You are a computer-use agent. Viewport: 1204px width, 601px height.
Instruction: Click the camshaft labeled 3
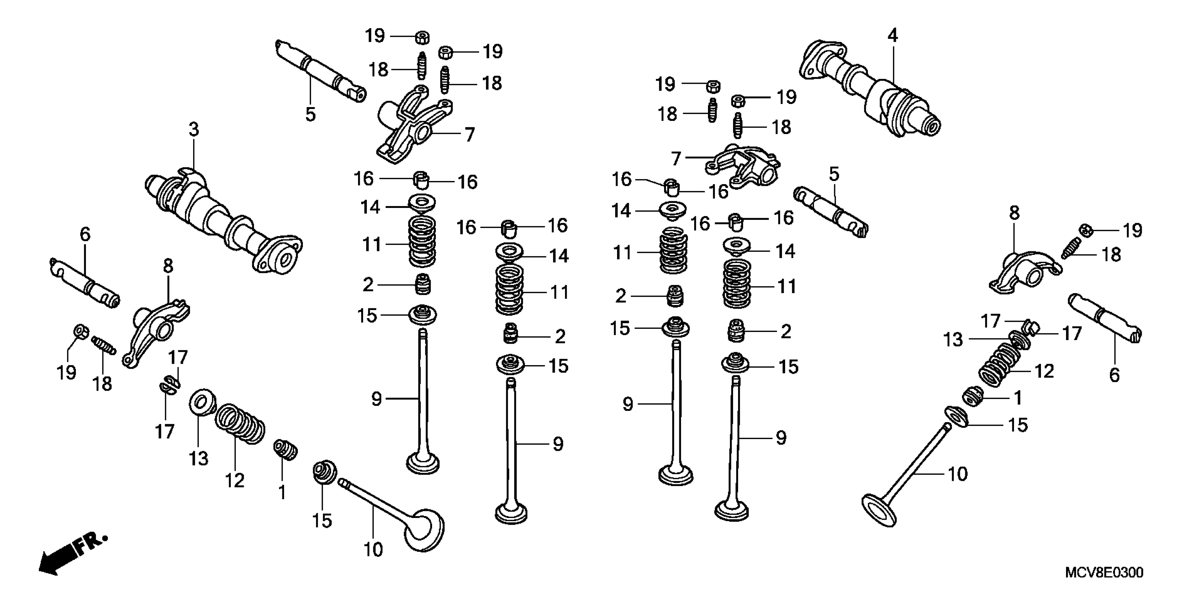tap(220, 220)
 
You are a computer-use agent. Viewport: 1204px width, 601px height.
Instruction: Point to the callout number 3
tap(194, 129)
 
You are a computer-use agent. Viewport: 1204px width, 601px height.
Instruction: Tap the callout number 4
tap(892, 35)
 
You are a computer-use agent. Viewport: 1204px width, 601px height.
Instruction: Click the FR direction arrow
tap(70, 556)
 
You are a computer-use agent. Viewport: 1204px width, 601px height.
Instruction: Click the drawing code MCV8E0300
tap(1104, 572)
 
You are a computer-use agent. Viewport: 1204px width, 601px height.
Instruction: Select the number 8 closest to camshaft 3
tap(168, 266)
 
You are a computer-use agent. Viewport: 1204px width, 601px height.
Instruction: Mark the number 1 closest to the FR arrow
tap(282, 492)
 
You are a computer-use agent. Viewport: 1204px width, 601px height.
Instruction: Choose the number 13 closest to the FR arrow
tap(198, 459)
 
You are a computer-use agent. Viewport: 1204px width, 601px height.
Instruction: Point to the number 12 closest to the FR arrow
tap(235, 480)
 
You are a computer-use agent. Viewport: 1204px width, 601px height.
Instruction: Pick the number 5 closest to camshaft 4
tap(834, 174)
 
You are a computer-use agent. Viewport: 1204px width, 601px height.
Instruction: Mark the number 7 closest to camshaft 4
tap(676, 158)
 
